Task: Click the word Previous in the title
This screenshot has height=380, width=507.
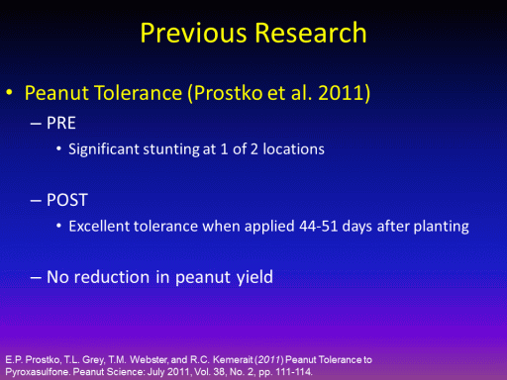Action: [x=193, y=33]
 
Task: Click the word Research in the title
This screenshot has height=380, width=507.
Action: [x=311, y=33]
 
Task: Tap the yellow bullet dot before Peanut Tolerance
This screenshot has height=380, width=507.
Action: [x=10, y=92]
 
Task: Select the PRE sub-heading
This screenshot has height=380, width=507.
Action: [x=61, y=123]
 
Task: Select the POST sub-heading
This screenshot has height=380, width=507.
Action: [x=67, y=200]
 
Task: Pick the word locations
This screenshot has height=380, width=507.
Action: [x=293, y=149]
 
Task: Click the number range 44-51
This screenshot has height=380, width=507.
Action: [x=319, y=227]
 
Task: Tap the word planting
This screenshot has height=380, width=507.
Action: [x=441, y=227]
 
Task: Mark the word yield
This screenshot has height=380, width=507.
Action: [x=254, y=277]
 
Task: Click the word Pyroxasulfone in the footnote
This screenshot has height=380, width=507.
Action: [x=38, y=372]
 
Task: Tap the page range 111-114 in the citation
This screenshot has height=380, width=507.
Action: [x=293, y=372]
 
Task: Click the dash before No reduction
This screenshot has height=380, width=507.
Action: [x=36, y=277]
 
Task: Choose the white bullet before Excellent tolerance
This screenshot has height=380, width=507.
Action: [x=58, y=227]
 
